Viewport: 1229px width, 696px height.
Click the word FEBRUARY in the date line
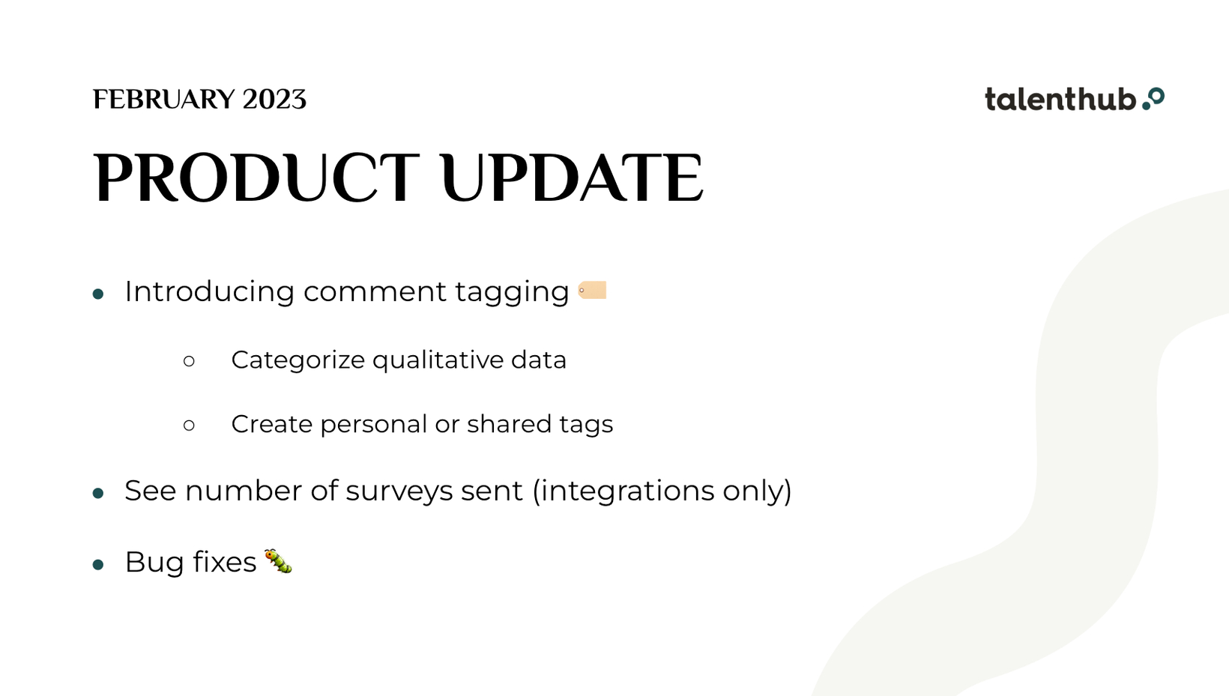click(x=163, y=100)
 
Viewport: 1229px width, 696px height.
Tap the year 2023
click(x=274, y=100)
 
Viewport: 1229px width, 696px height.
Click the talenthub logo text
click(x=1060, y=100)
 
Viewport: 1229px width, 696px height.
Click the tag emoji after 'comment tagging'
click(x=592, y=290)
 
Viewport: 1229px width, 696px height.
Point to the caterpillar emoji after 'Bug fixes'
click(x=278, y=561)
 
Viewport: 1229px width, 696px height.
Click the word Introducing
click(x=210, y=291)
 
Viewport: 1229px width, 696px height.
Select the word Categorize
click(x=298, y=360)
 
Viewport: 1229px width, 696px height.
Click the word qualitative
click(x=438, y=360)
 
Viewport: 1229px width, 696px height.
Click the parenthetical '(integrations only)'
click(x=662, y=491)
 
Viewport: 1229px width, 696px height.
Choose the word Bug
click(x=154, y=563)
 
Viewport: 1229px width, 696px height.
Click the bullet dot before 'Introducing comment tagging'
click(x=98, y=294)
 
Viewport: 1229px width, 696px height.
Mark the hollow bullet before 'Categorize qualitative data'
click(x=189, y=361)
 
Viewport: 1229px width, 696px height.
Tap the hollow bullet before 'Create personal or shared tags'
click(x=189, y=425)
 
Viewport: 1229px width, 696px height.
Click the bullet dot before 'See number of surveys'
click(x=98, y=494)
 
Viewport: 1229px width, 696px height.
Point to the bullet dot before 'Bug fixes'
click(x=98, y=565)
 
